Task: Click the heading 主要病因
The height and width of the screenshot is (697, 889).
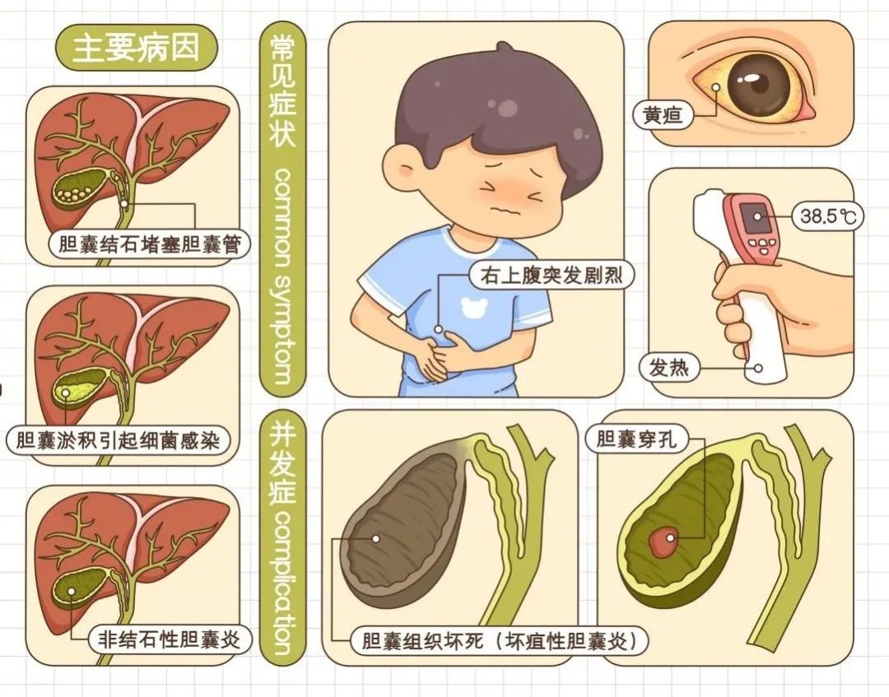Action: (136, 47)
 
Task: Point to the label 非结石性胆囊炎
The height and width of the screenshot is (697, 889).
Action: (169, 639)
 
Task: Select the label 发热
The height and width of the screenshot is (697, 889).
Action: (668, 368)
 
